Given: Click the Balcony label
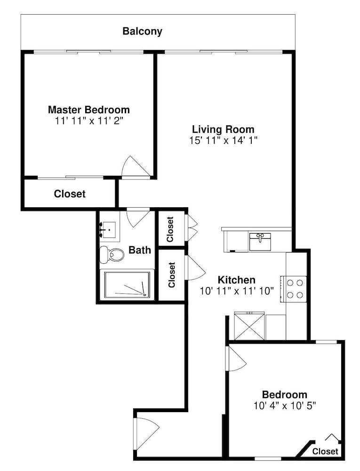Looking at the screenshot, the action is [142, 32].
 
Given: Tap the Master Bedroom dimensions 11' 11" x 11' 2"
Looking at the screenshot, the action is [89, 121].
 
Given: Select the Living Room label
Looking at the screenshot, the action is [223, 130].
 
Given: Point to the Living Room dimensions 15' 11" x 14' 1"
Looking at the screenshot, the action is [224, 140].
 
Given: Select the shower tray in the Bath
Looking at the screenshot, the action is [127, 285].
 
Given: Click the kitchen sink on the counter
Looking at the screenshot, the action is [260, 242].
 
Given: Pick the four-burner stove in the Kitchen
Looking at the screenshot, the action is [294, 289].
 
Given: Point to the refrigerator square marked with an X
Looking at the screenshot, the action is [249, 326].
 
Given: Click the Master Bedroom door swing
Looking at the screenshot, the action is [136, 168].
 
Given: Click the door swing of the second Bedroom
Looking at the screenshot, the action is [238, 358].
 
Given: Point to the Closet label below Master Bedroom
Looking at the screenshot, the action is [70, 194].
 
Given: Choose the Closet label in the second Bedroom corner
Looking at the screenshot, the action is [325, 452].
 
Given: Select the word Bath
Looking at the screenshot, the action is [139, 250].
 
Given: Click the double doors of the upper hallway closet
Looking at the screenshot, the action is [192, 227].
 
